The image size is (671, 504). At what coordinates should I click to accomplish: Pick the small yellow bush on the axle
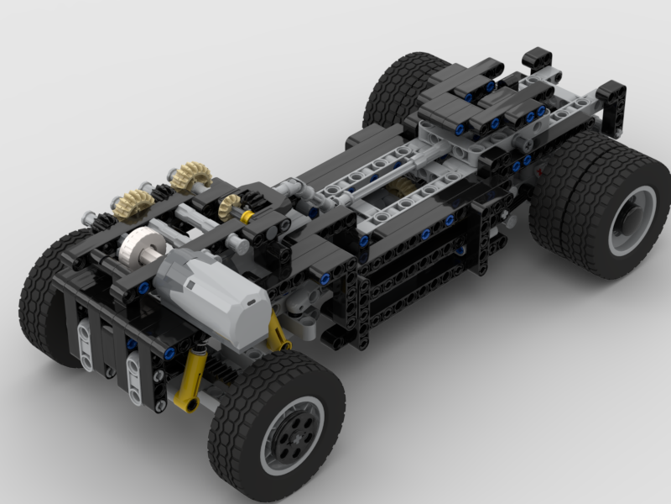(x=247, y=217)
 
